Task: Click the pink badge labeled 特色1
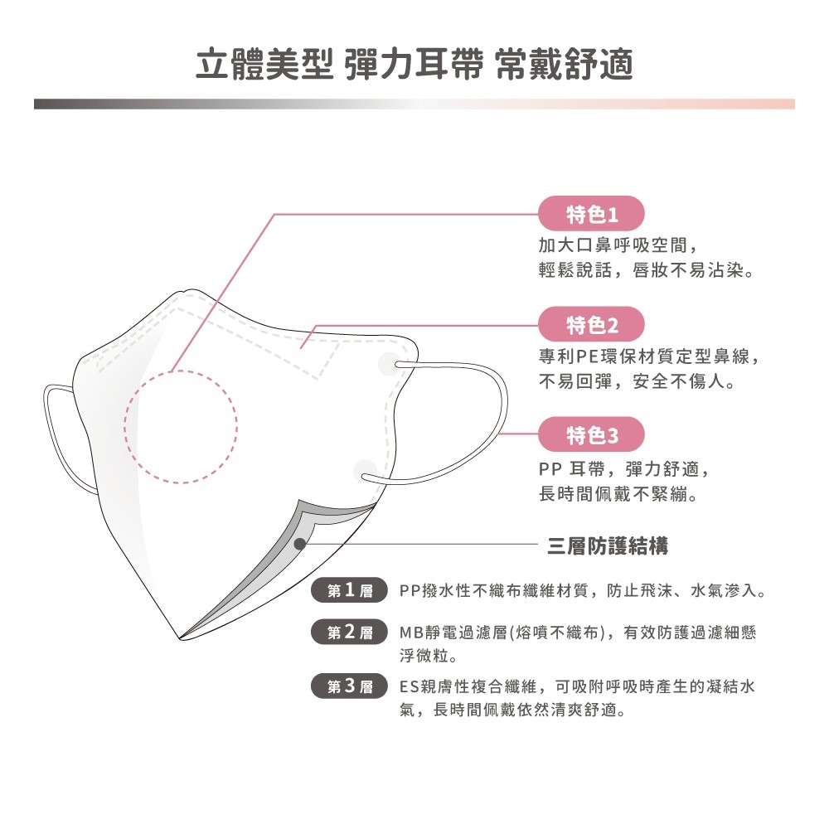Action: (x=591, y=214)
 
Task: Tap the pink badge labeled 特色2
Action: (x=591, y=324)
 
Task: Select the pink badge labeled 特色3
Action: (x=591, y=434)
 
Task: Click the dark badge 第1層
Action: (x=350, y=590)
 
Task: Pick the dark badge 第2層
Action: (x=350, y=631)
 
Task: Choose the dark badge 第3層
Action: (x=350, y=686)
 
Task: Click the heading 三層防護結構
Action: (x=608, y=545)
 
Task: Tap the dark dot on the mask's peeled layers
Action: (x=300, y=544)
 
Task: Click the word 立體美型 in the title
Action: (x=264, y=65)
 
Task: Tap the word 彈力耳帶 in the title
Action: (x=414, y=65)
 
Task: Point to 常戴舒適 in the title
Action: (x=564, y=65)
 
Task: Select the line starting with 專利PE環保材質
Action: (x=649, y=356)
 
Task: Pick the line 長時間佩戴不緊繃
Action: (x=618, y=494)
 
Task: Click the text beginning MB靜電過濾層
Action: (x=577, y=643)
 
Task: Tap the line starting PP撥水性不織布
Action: (x=582, y=590)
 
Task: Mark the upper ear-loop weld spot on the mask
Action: (x=390, y=364)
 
